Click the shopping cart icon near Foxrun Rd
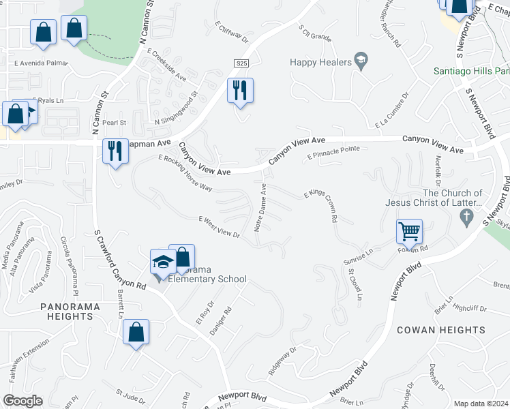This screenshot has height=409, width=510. tap(409, 231)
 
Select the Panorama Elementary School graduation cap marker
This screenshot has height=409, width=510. tap(163, 262)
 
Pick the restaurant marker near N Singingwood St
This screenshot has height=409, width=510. tap(239, 90)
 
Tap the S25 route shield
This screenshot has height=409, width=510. tap(239, 63)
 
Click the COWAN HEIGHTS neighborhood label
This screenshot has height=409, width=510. tap(441, 330)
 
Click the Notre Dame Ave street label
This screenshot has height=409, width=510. tap(261, 207)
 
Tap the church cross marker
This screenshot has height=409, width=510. tap(466, 219)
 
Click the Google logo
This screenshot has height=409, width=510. tap(23, 400)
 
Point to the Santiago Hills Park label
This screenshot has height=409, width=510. tap(470, 72)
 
